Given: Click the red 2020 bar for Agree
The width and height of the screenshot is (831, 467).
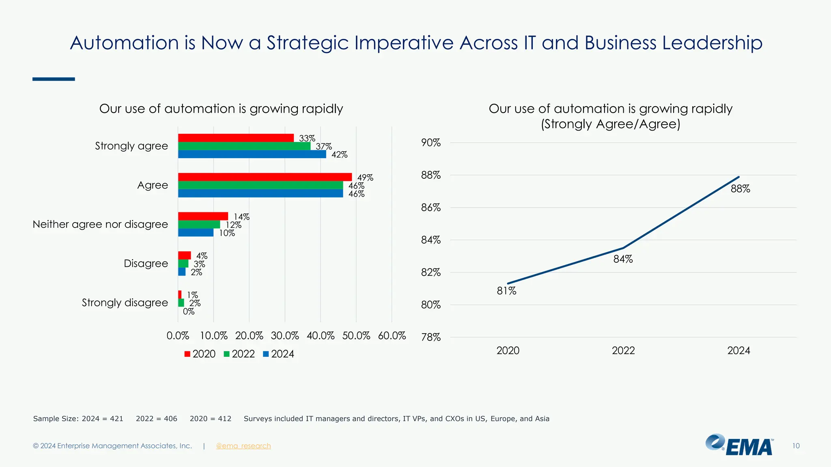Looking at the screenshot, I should coord(265,177).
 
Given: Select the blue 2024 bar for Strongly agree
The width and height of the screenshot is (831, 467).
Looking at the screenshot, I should coord(252,154).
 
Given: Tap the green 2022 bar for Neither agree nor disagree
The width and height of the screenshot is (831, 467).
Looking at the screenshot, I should coord(199,225).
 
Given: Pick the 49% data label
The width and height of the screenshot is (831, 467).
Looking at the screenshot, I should coord(365,178).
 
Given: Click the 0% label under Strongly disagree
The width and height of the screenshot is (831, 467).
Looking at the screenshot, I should coord(189,312).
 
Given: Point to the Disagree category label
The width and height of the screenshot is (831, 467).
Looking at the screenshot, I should coord(146,263).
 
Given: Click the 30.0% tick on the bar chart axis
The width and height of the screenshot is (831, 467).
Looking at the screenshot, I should coord(285,336).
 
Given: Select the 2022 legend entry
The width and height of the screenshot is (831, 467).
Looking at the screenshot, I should coord(239,354).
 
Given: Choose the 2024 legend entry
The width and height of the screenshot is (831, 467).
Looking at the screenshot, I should coord(279,354).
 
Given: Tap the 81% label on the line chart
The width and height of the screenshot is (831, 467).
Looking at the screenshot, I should coord(506,291).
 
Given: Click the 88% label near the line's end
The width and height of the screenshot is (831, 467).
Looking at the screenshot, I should coord(740,189).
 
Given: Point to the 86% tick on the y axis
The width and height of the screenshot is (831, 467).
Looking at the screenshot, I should coord(431,208).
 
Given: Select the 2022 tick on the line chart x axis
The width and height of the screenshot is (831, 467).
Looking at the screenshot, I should coord(623,351).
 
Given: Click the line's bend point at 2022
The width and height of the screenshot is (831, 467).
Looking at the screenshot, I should coord(623,248).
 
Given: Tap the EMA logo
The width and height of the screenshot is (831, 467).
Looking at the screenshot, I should coord(739,445).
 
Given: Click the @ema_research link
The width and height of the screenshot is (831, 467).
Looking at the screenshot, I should coord(243,446).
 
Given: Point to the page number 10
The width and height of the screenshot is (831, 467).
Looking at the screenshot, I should coord(796,446).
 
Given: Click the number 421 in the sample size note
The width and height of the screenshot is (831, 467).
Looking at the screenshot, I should coord(116,419).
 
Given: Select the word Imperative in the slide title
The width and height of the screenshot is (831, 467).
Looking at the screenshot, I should coord(404,43).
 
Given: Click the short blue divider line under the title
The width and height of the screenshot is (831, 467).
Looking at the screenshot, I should coord(54,79).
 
